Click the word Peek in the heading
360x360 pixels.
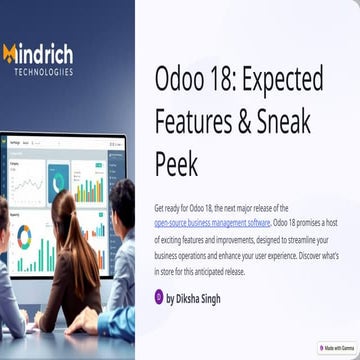(x=176, y=162)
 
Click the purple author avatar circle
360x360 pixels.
(x=159, y=296)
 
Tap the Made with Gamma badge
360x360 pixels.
(x=336, y=348)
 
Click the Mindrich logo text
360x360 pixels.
(x=44, y=53)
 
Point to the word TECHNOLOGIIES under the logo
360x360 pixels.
(x=43, y=71)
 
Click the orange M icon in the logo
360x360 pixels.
(x=11, y=53)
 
